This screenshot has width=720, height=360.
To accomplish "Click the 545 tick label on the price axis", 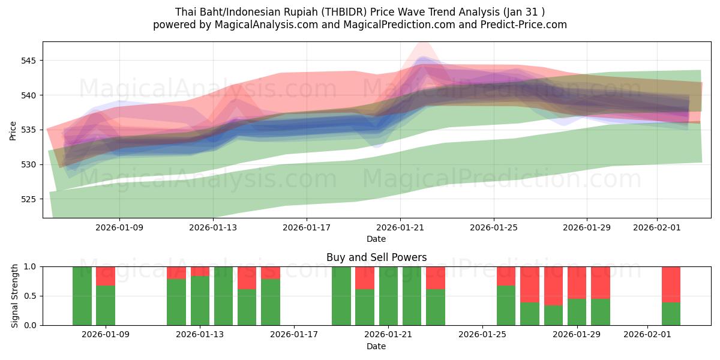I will point(29,61).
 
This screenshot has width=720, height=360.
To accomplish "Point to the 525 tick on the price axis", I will point(29,199).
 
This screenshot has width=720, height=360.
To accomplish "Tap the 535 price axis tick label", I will point(29,130).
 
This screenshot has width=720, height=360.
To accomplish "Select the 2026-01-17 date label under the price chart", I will point(307,227).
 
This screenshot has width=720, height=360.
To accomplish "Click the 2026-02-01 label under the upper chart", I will point(656,227).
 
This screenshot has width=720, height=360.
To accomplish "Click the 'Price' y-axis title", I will point(13,130).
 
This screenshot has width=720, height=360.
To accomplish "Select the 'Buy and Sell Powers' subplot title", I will point(376,257).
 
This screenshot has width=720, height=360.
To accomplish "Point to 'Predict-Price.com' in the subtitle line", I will point(522,25).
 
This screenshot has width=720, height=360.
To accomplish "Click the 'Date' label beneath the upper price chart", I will point(376,239).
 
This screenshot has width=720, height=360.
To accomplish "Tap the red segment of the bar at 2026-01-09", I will point(106,276).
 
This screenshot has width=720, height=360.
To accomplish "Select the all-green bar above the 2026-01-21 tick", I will point(388,296).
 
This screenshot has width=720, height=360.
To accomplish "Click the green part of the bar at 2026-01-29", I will point(577,312).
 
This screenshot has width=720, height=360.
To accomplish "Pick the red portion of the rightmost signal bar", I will point(671,284).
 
